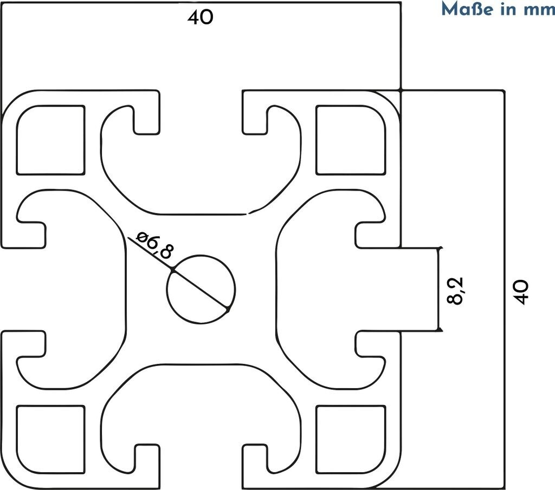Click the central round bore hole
pos(201,289)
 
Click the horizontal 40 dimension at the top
pos(201,18)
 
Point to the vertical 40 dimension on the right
pos(520,292)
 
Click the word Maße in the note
pos(464,9)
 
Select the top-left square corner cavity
pos(51,140)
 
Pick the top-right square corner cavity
pos(350,140)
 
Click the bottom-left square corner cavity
pos(51,439)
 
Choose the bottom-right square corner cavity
pos(350,439)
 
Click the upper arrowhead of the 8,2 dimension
pos(441,249)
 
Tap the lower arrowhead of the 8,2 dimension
pos(441,329)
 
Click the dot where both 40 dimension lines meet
pos(401,89)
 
